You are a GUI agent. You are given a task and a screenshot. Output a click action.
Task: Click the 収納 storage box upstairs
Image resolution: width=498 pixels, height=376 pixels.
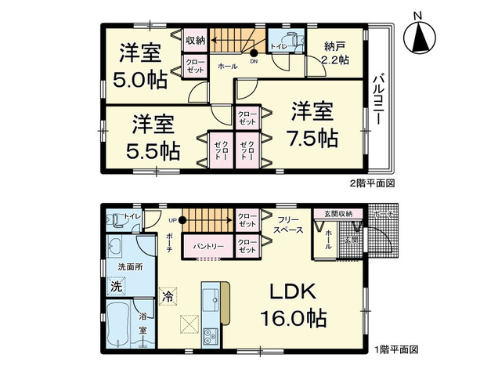click(195, 40)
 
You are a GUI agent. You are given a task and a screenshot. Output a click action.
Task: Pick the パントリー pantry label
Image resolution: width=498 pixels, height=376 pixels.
click(206, 246)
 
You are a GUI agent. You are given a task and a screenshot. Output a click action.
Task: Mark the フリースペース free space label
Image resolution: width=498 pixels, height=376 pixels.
click(289, 226)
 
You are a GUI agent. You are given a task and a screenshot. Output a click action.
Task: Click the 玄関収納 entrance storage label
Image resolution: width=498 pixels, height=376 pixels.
click(338, 213)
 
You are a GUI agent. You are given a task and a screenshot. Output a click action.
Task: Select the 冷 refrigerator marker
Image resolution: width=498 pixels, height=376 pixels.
click(167, 296)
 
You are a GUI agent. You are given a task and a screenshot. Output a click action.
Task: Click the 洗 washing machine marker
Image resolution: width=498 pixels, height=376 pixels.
click(116, 286)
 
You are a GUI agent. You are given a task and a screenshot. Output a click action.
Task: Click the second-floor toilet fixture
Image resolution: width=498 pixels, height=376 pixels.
click(283, 42)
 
